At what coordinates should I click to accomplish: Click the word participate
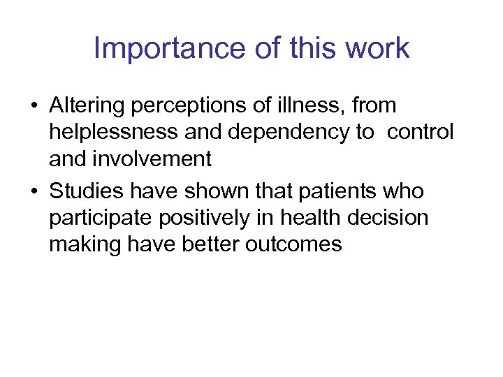tap(101, 218)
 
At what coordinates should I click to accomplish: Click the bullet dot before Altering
tap(33, 107)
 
